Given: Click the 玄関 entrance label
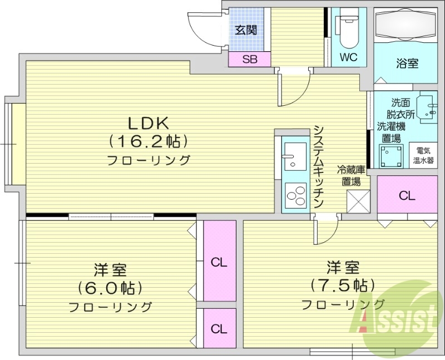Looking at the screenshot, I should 245,30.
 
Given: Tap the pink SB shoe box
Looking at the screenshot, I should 249,60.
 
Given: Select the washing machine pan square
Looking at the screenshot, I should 390,155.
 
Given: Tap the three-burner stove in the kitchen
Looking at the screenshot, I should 295,195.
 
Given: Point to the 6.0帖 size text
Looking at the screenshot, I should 110,288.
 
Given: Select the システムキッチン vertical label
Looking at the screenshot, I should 319,167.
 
